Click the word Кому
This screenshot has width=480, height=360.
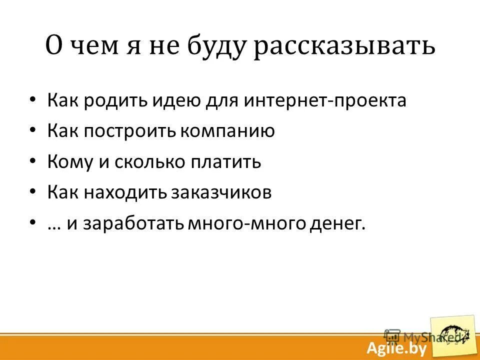point(67,162)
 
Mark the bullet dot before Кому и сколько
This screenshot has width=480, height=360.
point(32,162)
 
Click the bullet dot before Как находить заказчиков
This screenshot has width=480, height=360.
point(32,192)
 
